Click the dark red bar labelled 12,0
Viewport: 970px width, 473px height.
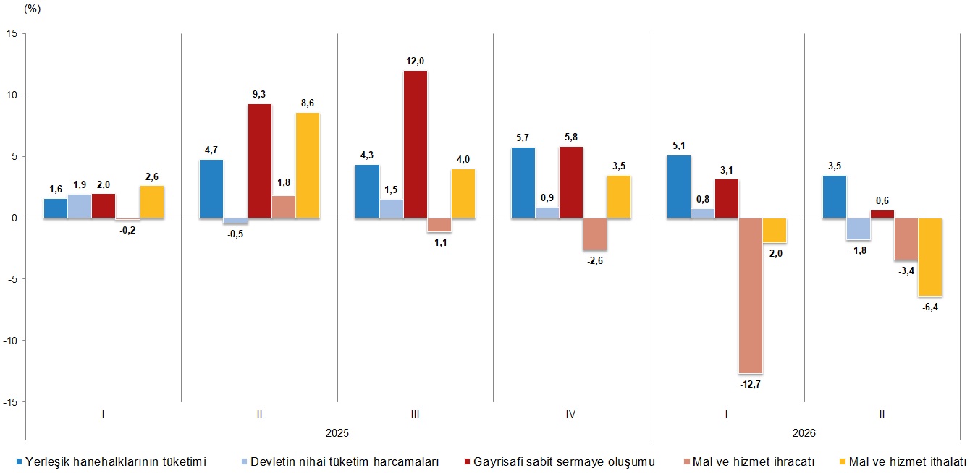(416, 144)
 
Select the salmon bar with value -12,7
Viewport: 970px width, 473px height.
(751, 295)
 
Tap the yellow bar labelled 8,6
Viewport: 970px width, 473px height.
(308, 166)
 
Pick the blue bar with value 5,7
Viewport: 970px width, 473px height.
(523, 183)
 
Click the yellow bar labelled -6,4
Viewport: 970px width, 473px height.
(929, 257)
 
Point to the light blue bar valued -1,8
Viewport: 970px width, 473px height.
(859, 229)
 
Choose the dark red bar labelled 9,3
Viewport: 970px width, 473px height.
(260, 161)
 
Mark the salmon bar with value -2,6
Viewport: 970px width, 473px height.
(595, 234)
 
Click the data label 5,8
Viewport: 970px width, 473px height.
(571, 137)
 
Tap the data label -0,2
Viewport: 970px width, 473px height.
(127, 231)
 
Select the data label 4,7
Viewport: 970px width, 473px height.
(211, 150)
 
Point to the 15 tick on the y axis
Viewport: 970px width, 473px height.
(12, 34)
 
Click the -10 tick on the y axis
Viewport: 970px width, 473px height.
(10, 341)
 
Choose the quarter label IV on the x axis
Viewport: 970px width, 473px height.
(570, 414)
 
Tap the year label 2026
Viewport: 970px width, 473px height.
(804, 433)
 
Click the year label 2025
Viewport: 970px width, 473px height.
(337, 433)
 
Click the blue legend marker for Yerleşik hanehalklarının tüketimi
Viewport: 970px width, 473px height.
(19, 461)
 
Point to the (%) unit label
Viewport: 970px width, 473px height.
(32, 9)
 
